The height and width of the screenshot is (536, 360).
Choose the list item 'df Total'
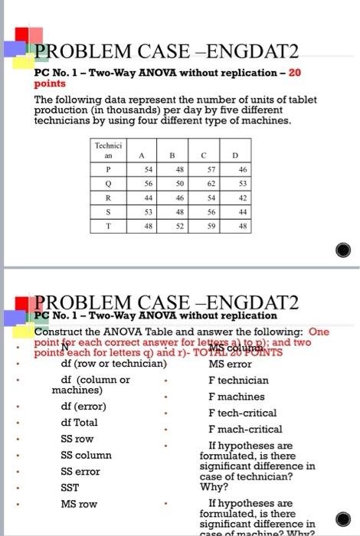(79, 422)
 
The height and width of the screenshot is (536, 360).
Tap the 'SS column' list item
(86, 455)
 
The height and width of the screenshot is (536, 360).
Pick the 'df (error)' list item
(83, 406)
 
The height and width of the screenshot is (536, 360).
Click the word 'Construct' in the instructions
(59, 332)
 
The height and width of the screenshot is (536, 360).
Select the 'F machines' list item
(236, 397)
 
